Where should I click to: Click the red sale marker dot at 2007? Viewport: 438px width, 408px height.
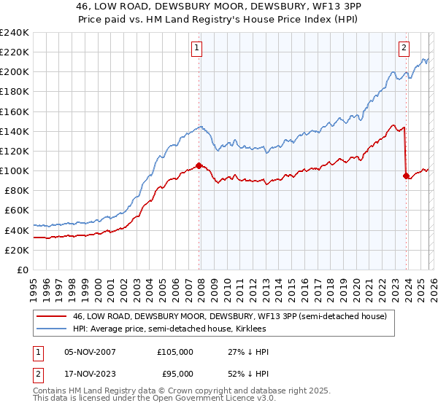[x=199, y=166]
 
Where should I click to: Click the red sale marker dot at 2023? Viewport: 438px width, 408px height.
[x=406, y=176]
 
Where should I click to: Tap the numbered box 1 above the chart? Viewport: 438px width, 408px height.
[x=197, y=49]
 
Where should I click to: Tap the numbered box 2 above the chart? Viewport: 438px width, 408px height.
[x=404, y=49]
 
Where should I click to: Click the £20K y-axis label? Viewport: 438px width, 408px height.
[x=17, y=250]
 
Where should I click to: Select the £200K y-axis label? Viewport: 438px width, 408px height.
[x=15, y=72]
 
